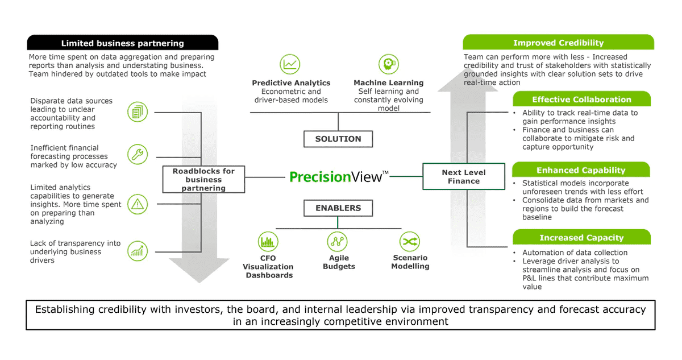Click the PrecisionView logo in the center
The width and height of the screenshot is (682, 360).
point(339,176)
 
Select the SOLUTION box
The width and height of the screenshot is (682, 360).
point(338,139)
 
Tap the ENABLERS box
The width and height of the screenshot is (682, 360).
point(338,209)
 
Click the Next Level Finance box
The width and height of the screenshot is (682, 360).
point(464,176)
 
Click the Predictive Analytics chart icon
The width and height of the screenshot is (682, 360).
point(290,64)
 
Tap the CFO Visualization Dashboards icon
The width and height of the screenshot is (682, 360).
point(268,242)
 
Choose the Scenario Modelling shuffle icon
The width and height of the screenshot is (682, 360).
point(409,242)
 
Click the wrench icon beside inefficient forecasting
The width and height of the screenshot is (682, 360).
point(138,154)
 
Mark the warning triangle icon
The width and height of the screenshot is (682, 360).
point(138,203)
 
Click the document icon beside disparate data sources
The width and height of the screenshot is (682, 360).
point(138,111)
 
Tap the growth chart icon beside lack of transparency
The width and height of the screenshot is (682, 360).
point(138,250)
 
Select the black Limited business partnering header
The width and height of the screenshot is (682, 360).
point(123,43)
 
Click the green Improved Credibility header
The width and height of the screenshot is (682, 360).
point(558,43)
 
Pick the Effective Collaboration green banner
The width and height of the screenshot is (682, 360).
point(581,100)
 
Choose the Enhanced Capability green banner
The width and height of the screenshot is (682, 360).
point(581,170)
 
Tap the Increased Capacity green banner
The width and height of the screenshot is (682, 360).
point(581,237)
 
